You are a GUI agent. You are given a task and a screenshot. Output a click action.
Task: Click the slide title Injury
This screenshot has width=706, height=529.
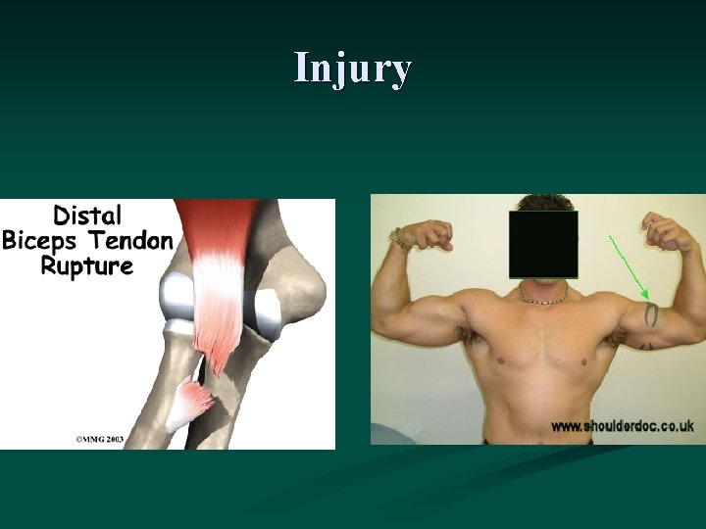tap(353, 69)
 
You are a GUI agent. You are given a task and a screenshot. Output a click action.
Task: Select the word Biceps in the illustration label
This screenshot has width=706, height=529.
tap(45, 241)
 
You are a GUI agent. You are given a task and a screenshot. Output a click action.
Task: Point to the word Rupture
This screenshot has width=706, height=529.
tap(86, 265)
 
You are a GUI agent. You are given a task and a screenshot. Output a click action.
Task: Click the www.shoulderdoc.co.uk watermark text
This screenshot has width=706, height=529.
tap(622, 426)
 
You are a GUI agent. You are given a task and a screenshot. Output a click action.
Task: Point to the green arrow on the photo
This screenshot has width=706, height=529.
tap(629, 267)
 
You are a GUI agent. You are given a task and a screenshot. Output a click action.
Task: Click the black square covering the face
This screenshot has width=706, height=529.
tap(542, 244)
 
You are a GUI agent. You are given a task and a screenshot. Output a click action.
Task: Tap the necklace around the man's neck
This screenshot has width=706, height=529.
tap(542, 297)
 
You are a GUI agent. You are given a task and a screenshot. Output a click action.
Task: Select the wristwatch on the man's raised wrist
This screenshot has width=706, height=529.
tap(397, 238)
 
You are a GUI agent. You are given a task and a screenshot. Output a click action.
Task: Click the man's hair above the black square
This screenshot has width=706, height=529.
tap(542, 203)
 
